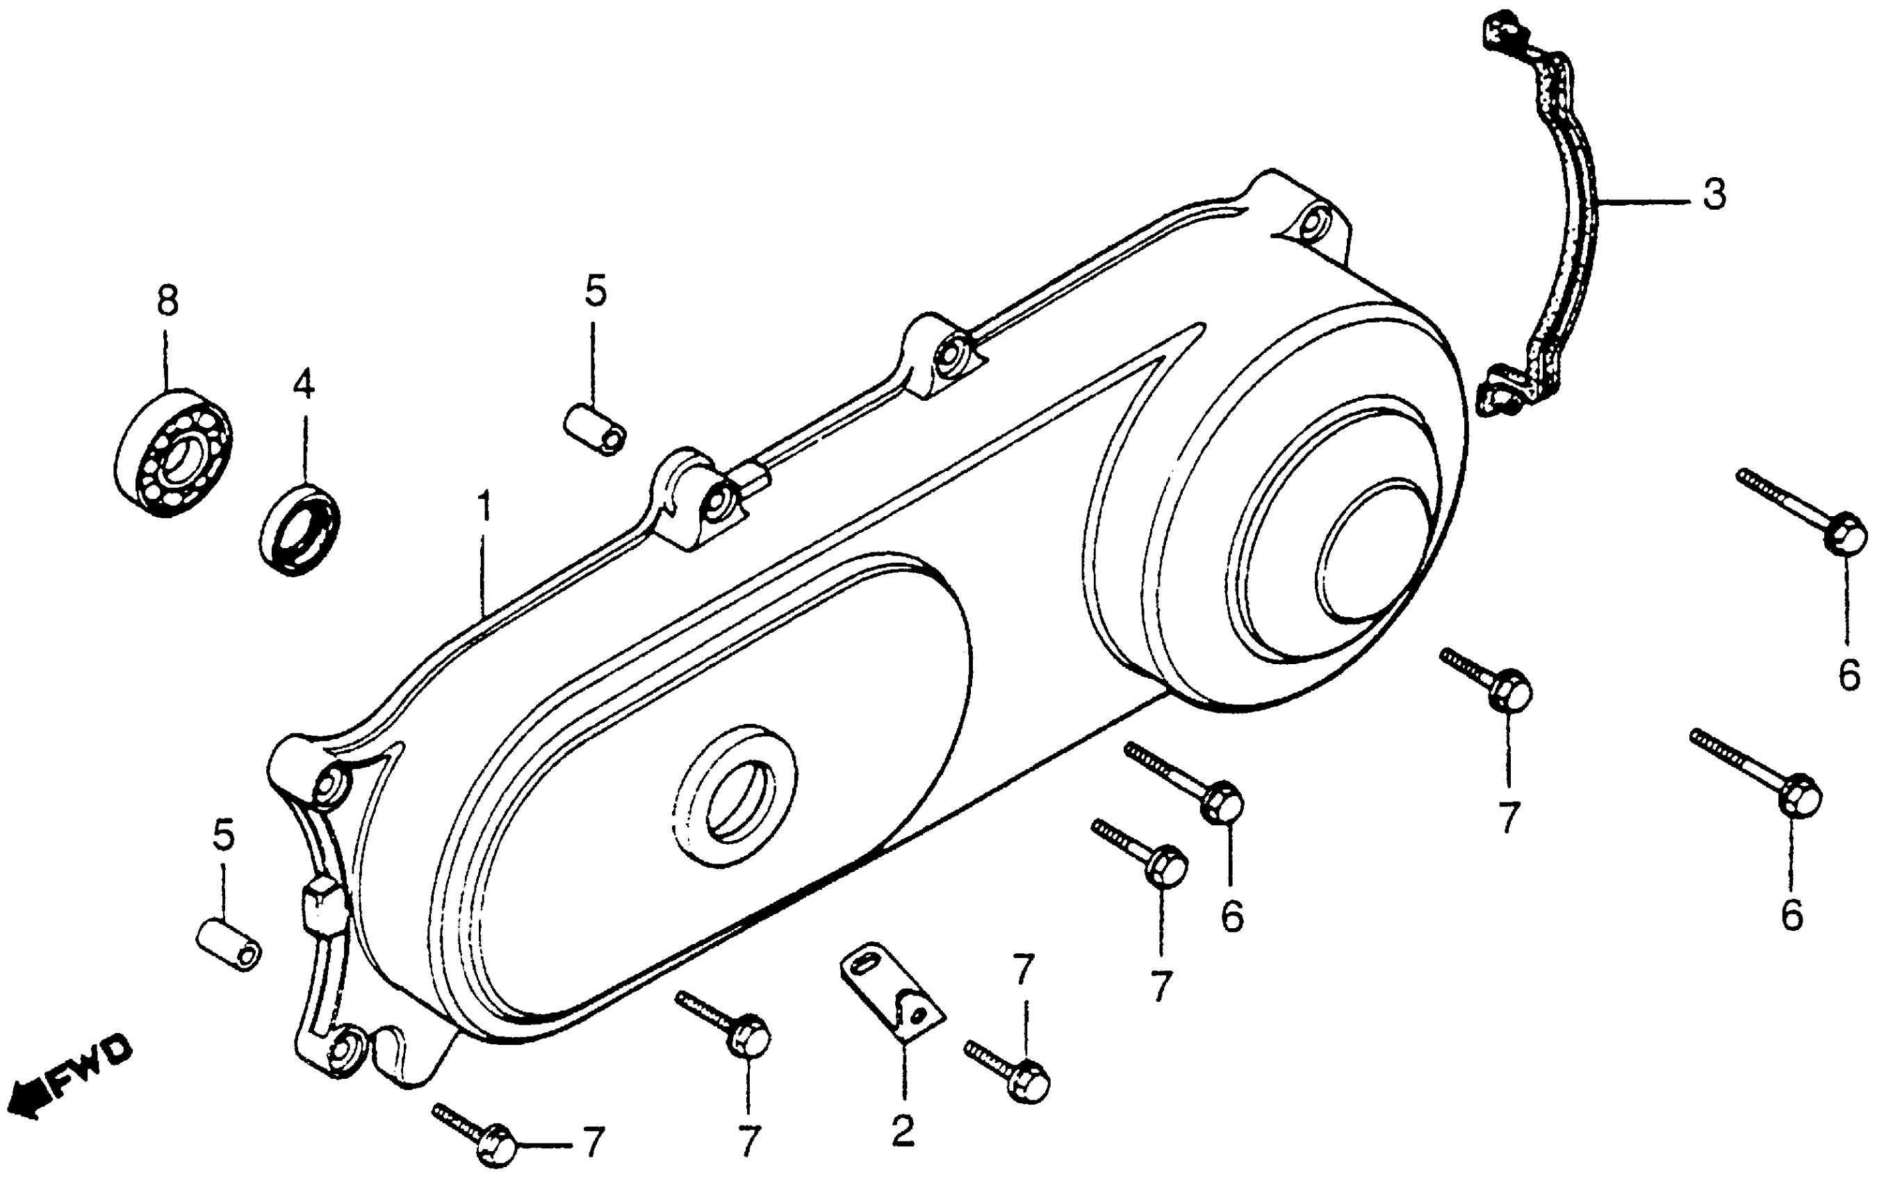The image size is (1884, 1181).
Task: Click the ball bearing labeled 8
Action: point(174,453)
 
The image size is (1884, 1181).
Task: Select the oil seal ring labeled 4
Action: point(300,529)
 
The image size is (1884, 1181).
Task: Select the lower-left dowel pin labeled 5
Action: point(228,945)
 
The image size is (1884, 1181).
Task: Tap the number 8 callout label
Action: point(167,301)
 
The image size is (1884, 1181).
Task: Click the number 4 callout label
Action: point(303,384)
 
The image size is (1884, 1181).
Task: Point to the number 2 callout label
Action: point(903,1130)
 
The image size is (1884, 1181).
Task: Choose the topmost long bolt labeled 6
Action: point(1805,513)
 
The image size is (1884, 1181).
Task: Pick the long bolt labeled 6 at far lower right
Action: point(1758,774)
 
